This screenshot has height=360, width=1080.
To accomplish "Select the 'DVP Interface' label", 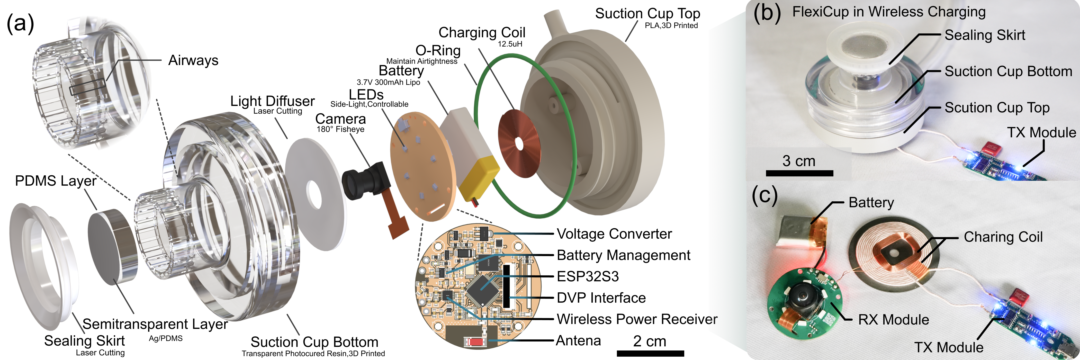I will click(x=601, y=298).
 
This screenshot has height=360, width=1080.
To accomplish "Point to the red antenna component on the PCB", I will click(x=475, y=341).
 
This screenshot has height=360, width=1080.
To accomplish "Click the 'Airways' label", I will click(x=193, y=60).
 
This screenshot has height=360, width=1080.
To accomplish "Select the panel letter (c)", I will click(x=765, y=195).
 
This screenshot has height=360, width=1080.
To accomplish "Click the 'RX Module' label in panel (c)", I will click(x=893, y=320).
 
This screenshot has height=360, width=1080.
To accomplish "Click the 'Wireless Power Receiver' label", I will click(x=636, y=319).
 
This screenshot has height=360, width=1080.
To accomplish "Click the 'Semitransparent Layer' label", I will click(x=155, y=324).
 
